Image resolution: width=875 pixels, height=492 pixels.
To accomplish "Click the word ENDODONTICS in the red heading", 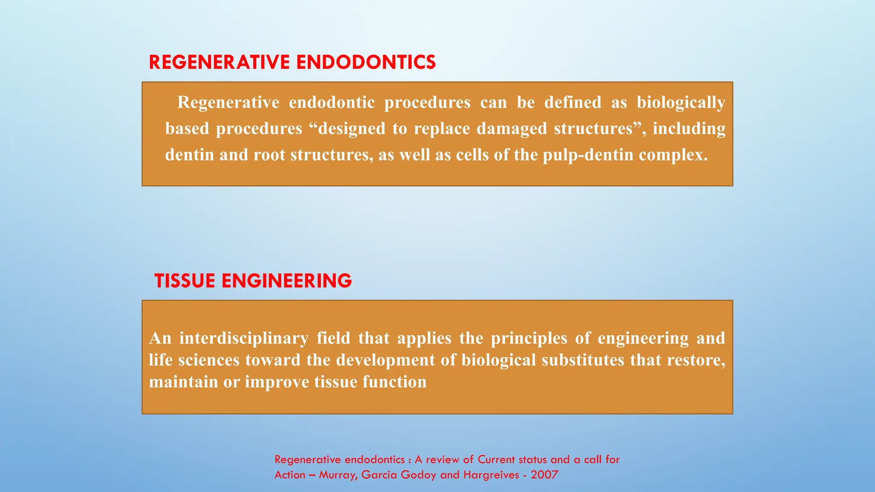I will [366, 62].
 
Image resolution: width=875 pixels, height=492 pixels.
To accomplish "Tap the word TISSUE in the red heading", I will [185, 281].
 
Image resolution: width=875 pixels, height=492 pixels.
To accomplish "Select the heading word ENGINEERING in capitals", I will [286, 281].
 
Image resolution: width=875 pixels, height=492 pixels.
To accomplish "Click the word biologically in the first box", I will [681, 102].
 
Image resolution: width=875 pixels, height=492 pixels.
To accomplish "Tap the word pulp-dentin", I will [588, 155].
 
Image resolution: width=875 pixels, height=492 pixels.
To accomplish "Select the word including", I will [689, 129].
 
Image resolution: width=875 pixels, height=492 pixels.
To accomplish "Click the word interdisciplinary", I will [244, 338].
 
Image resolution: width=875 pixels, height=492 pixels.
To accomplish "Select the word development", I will [385, 360].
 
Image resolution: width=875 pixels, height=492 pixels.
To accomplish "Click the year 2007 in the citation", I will [544, 475].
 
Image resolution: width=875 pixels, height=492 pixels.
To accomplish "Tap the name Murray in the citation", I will [338, 475].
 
